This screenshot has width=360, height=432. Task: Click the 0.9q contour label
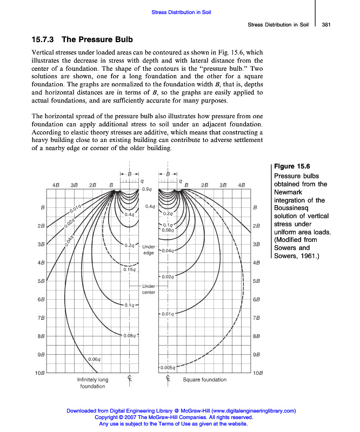pos(146,189)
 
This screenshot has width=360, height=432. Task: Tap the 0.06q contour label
pos(94,359)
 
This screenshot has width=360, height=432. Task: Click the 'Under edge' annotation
pos(149,249)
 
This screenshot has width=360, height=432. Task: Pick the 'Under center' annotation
pos(149,289)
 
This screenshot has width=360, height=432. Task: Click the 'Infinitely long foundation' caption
pos(92,383)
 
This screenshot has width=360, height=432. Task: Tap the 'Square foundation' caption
pos(204,380)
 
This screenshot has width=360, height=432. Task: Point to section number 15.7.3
pos(44,39)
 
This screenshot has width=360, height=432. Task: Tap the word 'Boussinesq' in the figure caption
pos(292,208)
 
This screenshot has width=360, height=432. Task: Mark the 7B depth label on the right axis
pos(257,318)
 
